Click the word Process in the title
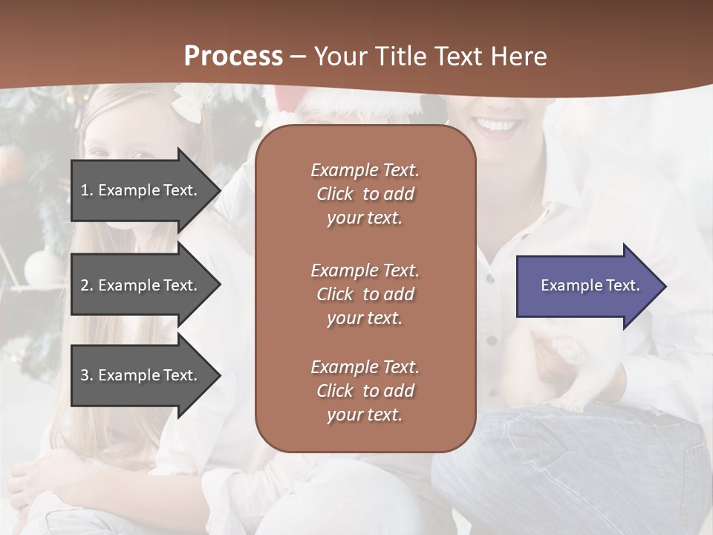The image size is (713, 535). (x=233, y=56)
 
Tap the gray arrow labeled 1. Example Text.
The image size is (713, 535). (x=141, y=190)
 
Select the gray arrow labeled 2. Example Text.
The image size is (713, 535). (x=141, y=285)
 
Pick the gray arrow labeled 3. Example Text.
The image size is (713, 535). (x=141, y=375)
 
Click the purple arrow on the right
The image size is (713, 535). (x=587, y=286)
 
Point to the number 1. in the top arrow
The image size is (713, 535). (x=87, y=190)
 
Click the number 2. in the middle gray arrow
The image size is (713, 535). (x=87, y=285)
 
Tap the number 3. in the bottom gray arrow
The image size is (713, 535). (x=87, y=375)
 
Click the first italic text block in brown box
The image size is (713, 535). (x=365, y=194)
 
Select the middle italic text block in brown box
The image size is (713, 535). (x=365, y=294)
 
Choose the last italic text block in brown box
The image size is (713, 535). (x=365, y=391)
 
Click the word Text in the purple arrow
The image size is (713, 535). (x=624, y=285)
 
